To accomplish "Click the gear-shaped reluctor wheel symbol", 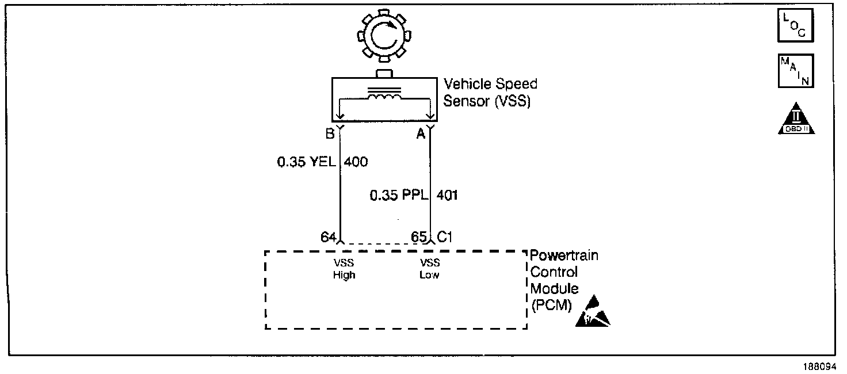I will [384, 37].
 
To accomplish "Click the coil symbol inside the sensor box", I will [385, 98].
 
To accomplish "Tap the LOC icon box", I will [796, 26].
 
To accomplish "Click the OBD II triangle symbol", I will [796, 120].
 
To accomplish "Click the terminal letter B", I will [330, 134].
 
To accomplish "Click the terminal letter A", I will [421, 134].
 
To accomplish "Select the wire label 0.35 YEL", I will [307, 162].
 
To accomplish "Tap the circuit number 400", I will [356, 162].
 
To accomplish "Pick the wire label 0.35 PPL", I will [399, 196].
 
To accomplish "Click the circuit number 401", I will [448, 196].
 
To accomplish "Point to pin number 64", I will [329, 236].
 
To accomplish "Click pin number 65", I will [419, 236].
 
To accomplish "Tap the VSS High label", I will [344, 269].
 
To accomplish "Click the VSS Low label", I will [429, 269].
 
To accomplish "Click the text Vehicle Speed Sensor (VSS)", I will [490, 93].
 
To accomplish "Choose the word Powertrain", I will [564, 255].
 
